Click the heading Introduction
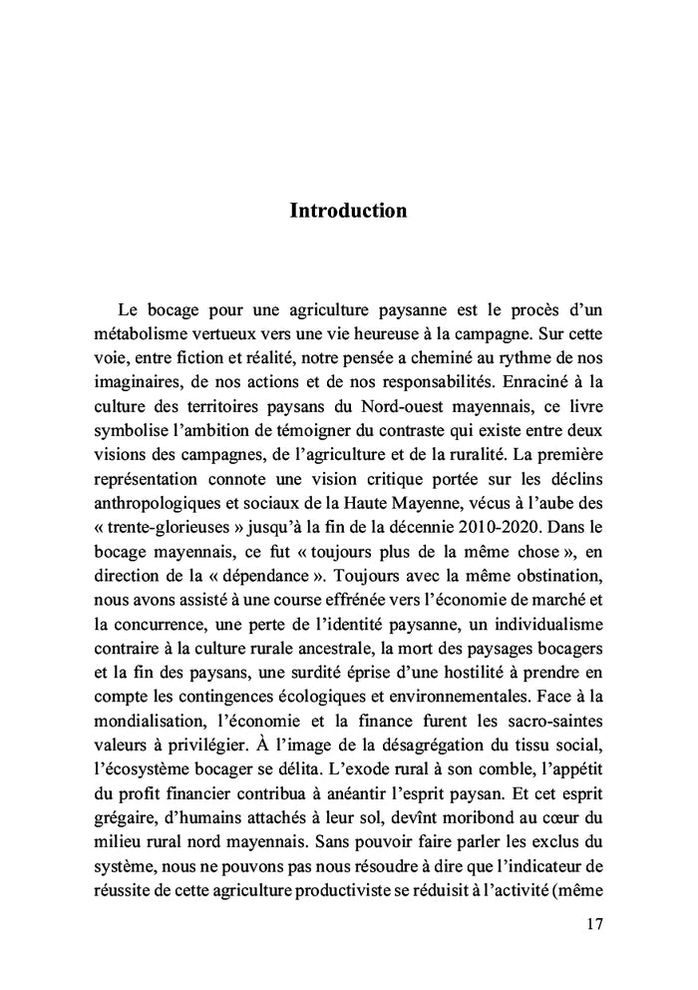(x=348, y=211)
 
